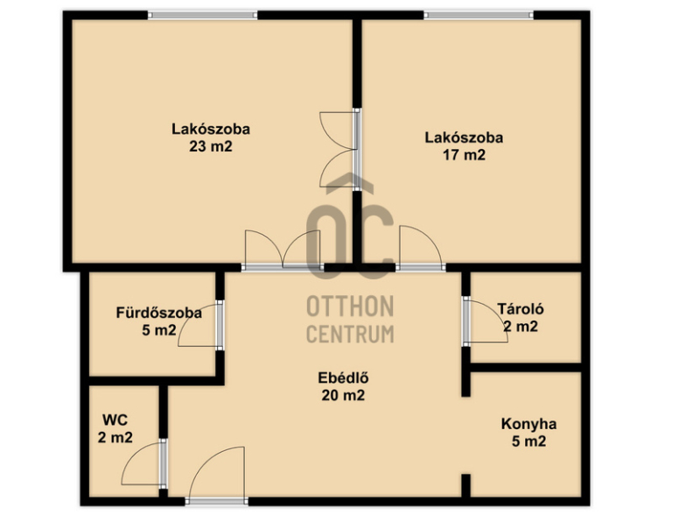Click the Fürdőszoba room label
pyautogui.click(x=159, y=313)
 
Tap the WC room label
pyautogui.click(x=115, y=420)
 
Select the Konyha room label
pyautogui.click(x=529, y=424)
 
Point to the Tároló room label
pyautogui.click(x=521, y=309)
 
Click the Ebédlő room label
pyautogui.click(x=343, y=378)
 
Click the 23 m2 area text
pyautogui.click(x=211, y=146)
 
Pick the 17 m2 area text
pyautogui.click(x=464, y=155)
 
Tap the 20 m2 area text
pyautogui.click(x=343, y=395)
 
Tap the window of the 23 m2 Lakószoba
pyautogui.click(x=203, y=15)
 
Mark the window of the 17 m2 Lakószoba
pyautogui.click(x=479, y=15)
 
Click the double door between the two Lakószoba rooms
pyautogui.click(x=339, y=149)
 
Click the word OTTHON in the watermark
pyautogui.click(x=350, y=307)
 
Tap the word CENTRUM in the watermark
pyautogui.click(x=350, y=334)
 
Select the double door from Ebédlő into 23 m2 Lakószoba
pyautogui.click(x=282, y=250)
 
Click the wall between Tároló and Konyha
pyautogui.click(x=526, y=368)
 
